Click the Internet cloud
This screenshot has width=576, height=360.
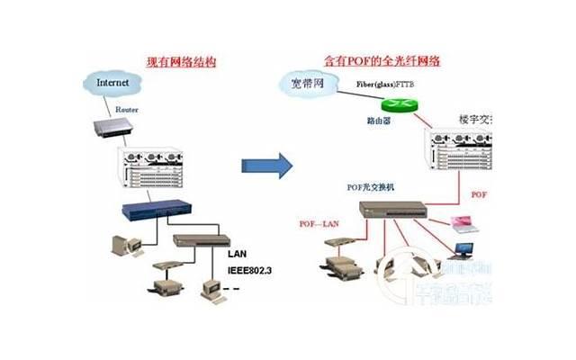[x=113, y=83]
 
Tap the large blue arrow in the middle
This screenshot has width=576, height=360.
[x=267, y=165]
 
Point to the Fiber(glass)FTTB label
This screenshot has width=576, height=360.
[x=384, y=84]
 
